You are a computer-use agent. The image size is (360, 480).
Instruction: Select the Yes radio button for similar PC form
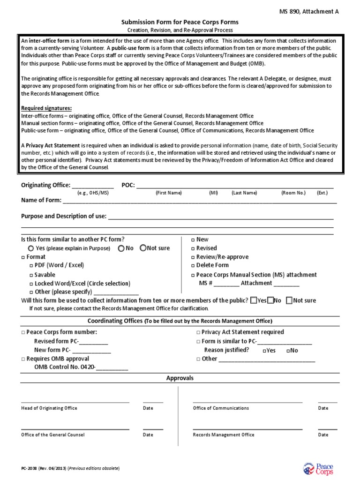click(31, 248)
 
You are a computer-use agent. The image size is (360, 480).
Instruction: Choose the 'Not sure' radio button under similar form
click(142, 248)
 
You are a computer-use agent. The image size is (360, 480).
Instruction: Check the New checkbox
click(193, 240)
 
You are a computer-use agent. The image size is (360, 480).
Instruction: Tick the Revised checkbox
click(193, 248)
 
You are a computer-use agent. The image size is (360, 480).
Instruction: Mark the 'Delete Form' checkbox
click(193, 266)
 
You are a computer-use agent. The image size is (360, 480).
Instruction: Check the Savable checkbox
click(31, 275)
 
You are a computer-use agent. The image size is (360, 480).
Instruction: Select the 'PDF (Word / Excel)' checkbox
click(31, 266)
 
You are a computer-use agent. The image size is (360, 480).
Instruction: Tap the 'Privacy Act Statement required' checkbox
click(198, 332)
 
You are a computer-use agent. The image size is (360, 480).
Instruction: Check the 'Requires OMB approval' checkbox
click(23, 359)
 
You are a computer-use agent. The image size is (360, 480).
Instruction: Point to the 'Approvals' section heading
click(180, 378)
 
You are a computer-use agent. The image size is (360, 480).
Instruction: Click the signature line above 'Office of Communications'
click(247, 402)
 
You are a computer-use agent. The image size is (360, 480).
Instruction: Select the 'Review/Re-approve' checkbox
click(193, 257)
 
